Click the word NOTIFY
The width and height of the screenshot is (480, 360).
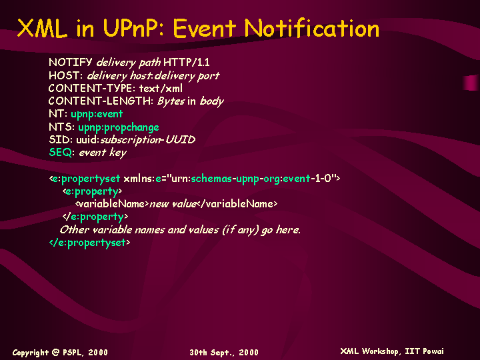click(x=70, y=63)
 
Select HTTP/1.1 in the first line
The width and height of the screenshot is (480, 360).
click(x=187, y=63)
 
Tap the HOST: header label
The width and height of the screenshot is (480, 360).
click(x=65, y=75)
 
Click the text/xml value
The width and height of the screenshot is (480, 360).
click(x=161, y=89)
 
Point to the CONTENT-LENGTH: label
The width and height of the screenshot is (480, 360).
click(x=101, y=101)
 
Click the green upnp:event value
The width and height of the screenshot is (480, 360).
click(x=97, y=114)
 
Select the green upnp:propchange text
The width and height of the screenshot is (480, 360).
click(x=119, y=127)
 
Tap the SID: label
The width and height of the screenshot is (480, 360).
click(x=61, y=140)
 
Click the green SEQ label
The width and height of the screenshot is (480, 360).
click(x=60, y=153)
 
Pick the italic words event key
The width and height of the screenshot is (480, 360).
click(x=103, y=153)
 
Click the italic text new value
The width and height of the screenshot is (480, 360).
click(x=173, y=204)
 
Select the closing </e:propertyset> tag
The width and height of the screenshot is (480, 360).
click(x=90, y=243)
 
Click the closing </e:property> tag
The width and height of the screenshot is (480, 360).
click(x=95, y=217)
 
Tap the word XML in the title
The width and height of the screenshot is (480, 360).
click(x=42, y=28)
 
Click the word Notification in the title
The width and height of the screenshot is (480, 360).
click(x=311, y=28)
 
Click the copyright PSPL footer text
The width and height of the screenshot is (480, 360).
click(x=60, y=353)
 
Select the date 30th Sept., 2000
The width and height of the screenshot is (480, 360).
click(x=224, y=353)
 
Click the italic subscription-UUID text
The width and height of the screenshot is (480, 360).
click(x=148, y=140)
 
